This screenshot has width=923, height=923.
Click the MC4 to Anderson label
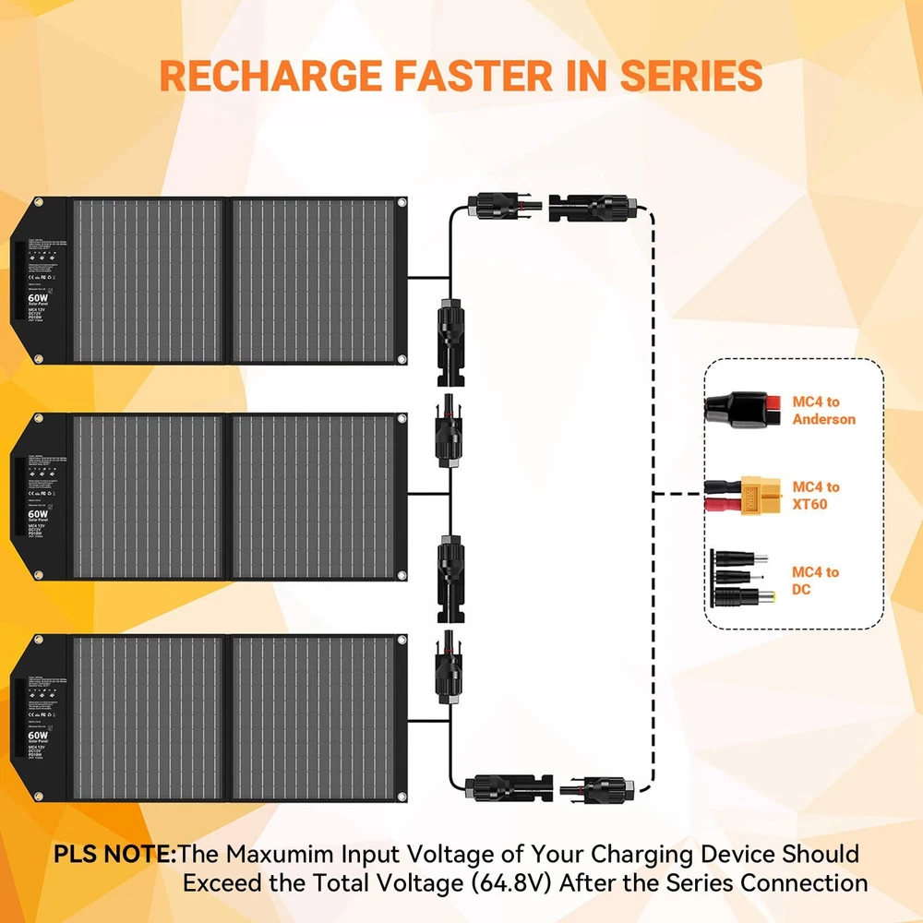[x=824, y=411]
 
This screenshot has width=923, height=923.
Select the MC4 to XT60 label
[x=817, y=496]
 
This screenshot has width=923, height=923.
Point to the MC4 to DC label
[x=816, y=581]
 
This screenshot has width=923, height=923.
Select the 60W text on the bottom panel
[x=36, y=737]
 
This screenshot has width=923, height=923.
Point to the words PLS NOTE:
[x=114, y=854]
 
